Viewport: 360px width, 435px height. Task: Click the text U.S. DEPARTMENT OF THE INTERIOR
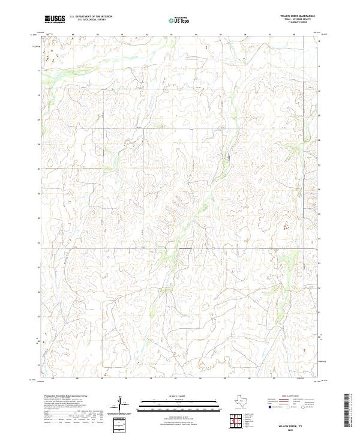pyautogui.click(x=91, y=17)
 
